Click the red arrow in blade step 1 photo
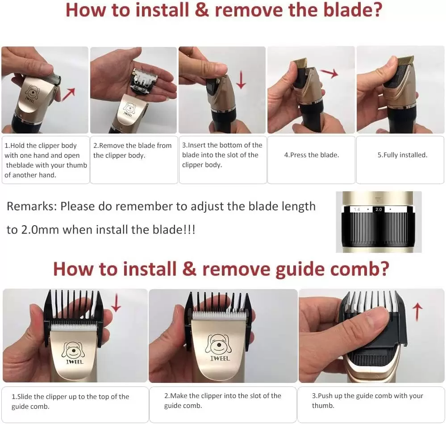pos(69,94)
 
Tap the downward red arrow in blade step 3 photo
pos(241,80)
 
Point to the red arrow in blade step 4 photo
pos(329,73)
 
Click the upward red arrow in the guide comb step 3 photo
pos(417,311)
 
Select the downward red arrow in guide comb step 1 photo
pos(116,303)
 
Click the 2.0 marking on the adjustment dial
pos(379,210)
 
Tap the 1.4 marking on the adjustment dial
pos(357,210)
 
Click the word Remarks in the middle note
pos(32,206)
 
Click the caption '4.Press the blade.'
pos(312,155)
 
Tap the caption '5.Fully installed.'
pos(402,155)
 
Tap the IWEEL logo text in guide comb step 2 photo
pos(220,358)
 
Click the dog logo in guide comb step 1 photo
pos(73,350)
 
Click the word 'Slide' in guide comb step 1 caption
pos(25,397)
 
